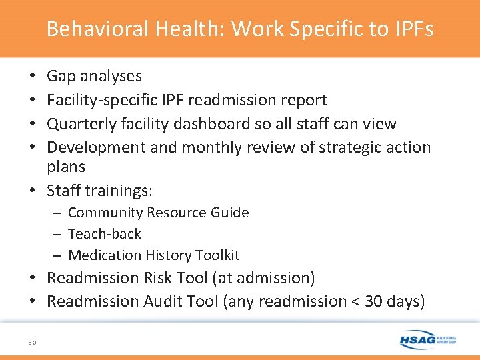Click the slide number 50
(32, 343)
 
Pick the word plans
(66, 167)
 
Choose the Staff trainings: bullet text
(99, 191)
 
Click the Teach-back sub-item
(105, 234)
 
